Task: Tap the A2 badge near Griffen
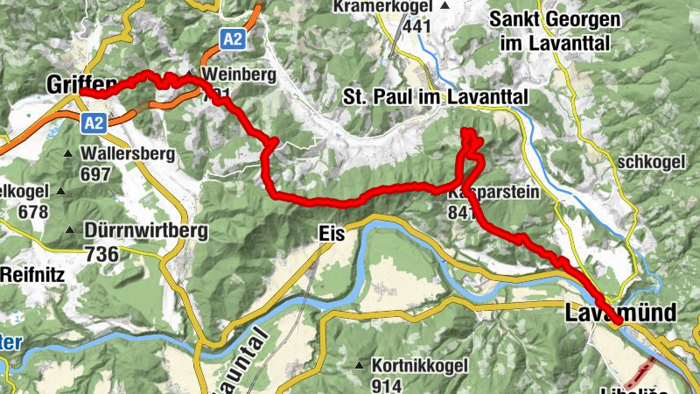click(94, 123)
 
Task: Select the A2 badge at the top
click(233, 39)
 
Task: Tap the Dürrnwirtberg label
click(147, 231)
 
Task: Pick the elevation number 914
click(386, 385)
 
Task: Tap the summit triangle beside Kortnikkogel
click(359, 365)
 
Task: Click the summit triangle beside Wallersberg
click(69, 154)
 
